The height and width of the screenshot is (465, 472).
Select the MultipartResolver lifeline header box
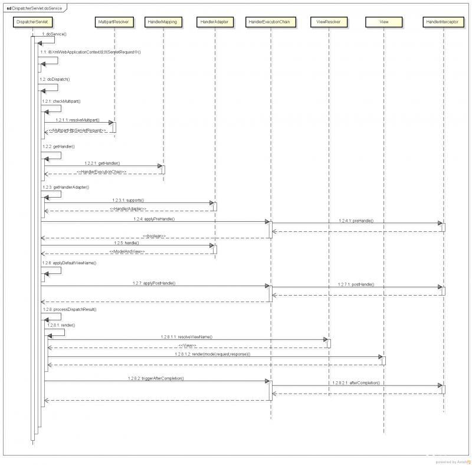click(x=114, y=22)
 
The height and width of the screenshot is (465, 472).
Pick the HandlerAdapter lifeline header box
click(x=215, y=22)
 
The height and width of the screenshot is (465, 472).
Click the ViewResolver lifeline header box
click(x=329, y=22)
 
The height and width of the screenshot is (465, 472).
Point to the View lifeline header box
click(x=383, y=22)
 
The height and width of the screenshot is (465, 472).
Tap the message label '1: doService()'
click(x=54, y=35)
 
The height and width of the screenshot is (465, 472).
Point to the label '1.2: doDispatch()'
click(x=55, y=78)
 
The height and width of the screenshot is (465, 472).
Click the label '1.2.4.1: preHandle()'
click(x=356, y=220)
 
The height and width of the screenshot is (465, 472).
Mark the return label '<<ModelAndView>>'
click(x=127, y=252)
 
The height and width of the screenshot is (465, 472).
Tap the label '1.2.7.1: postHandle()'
click(x=356, y=284)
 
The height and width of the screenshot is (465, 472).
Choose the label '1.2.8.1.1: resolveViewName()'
click(x=186, y=336)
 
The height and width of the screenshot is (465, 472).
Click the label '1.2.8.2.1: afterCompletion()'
click(x=356, y=382)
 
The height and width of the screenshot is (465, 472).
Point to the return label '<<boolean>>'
click(x=154, y=235)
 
